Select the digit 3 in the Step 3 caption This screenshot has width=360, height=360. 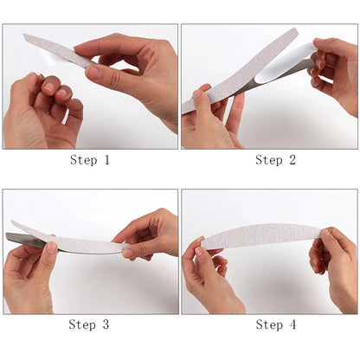[x=106, y=325]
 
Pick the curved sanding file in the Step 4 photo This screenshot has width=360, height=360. [x=260, y=236]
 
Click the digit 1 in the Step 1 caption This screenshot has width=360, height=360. [x=106, y=160]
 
